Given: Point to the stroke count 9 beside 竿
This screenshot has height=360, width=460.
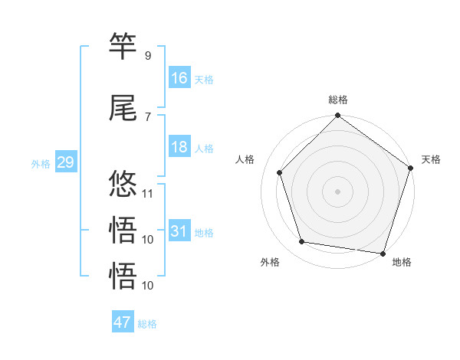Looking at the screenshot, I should pyautogui.click(x=147, y=56).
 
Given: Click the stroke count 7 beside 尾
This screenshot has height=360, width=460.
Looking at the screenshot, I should pyautogui.click(x=147, y=116).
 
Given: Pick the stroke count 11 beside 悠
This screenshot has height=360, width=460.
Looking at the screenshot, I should pyautogui.click(x=148, y=194).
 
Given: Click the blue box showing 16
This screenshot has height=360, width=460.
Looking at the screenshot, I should pyautogui.click(x=179, y=77).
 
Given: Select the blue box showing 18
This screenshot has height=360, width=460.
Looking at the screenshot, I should pyautogui.click(x=179, y=147).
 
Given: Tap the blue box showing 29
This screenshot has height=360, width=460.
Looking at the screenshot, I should pyautogui.click(x=65, y=162).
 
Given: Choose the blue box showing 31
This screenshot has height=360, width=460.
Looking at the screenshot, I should pyautogui.click(x=179, y=231).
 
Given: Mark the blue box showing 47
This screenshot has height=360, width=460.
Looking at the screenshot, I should pyautogui.click(x=123, y=322).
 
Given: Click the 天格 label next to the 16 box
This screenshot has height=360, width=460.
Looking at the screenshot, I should pyautogui.click(x=204, y=79).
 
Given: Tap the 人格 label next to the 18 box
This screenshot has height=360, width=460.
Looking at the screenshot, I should pyautogui.click(x=204, y=149).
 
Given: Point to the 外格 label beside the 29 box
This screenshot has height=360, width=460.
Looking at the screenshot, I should pyautogui.click(x=41, y=164).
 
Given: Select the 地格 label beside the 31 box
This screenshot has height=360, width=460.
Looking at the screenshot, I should pyautogui.click(x=204, y=233).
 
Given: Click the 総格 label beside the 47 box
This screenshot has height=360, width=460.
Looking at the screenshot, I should pyautogui.click(x=147, y=324).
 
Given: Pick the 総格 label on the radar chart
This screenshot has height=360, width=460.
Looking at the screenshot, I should pyautogui.click(x=338, y=100).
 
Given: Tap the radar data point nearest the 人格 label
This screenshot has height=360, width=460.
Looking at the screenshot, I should pyautogui.click(x=280, y=172).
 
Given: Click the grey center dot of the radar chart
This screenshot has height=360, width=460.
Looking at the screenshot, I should pyautogui.click(x=338, y=191).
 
